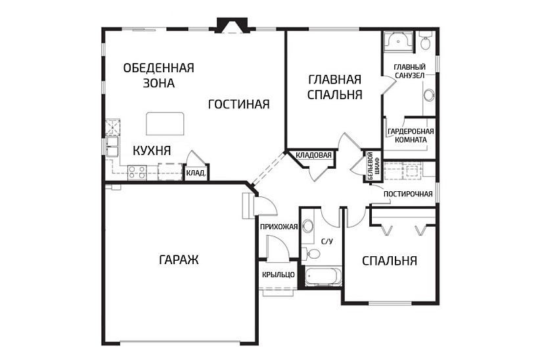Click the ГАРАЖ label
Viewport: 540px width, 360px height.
[179, 259]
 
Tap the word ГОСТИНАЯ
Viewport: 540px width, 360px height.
[238, 104]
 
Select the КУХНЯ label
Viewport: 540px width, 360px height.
[152, 150]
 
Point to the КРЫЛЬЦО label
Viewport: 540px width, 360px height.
[279, 275]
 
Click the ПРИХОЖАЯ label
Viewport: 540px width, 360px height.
[279, 227]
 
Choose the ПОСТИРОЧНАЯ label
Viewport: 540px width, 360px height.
[408, 194]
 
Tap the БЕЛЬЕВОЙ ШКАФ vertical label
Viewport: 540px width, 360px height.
[373, 166]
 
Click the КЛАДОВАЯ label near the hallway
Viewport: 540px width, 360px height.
[313, 155]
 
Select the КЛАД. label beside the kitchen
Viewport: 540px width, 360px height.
[196, 173]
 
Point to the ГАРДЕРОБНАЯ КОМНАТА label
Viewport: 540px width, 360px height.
[411, 135]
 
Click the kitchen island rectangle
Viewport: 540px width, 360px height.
[165, 124]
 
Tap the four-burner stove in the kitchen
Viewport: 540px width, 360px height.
[137, 173]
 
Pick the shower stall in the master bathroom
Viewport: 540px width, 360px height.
[398, 41]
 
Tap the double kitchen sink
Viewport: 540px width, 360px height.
[112, 146]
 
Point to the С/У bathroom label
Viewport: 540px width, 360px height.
[327, 241]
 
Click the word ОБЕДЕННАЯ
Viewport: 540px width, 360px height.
[159, 68]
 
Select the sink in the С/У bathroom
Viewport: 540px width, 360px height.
[307, 227]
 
